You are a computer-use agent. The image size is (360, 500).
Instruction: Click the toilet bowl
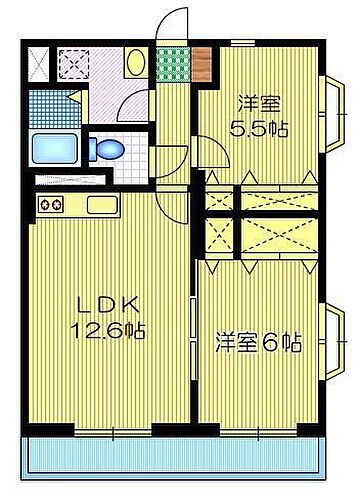[107, 150]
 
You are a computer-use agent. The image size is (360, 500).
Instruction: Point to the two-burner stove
[51, 206]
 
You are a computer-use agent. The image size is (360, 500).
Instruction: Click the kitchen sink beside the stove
[101, 206]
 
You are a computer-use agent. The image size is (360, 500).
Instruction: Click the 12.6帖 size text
[96, 330]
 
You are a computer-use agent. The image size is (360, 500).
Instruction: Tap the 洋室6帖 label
[258, 343]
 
